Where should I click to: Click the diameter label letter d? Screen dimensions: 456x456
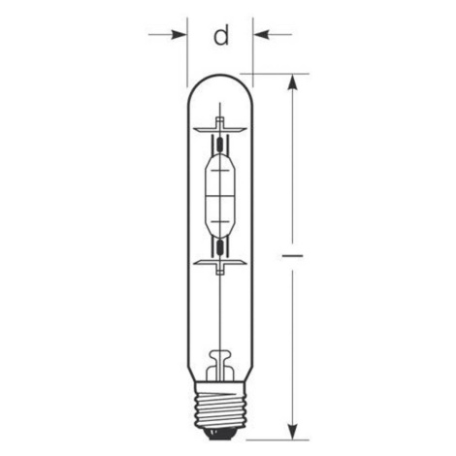click(221, 36)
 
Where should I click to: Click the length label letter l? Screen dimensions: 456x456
click(293, 256)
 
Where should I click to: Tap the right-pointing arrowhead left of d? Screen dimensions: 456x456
click(179, 34)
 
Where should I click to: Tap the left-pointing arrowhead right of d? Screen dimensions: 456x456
click(261, 34)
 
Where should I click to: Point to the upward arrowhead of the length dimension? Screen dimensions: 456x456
click(293, 82)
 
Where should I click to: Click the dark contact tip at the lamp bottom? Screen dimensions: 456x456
click(220, 435)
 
